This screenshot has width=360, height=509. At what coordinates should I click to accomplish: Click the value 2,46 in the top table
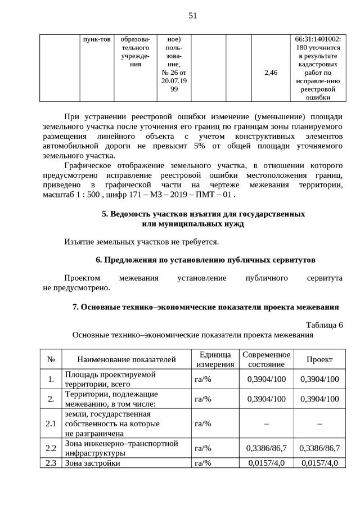271,73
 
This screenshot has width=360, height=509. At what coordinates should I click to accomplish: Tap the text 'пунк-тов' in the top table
96,39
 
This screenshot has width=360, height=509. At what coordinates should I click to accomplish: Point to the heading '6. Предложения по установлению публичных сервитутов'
205,260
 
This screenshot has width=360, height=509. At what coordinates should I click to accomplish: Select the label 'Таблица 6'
324,325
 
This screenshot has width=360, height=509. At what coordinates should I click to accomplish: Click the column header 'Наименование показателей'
127,359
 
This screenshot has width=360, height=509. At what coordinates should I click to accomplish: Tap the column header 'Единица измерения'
215,359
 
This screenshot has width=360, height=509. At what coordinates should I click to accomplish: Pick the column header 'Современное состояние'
267,359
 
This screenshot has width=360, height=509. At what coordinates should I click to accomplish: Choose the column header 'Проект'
319,359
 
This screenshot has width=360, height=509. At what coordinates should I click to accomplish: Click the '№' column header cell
51,359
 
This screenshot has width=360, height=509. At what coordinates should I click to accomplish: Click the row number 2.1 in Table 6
51,424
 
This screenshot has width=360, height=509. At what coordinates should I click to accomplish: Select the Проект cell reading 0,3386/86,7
319,448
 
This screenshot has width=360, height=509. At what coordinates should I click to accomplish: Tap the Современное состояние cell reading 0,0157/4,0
267,463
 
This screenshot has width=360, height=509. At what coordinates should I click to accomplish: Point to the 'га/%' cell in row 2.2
202,448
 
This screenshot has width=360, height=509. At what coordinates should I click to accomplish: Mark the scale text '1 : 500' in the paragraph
84,195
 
